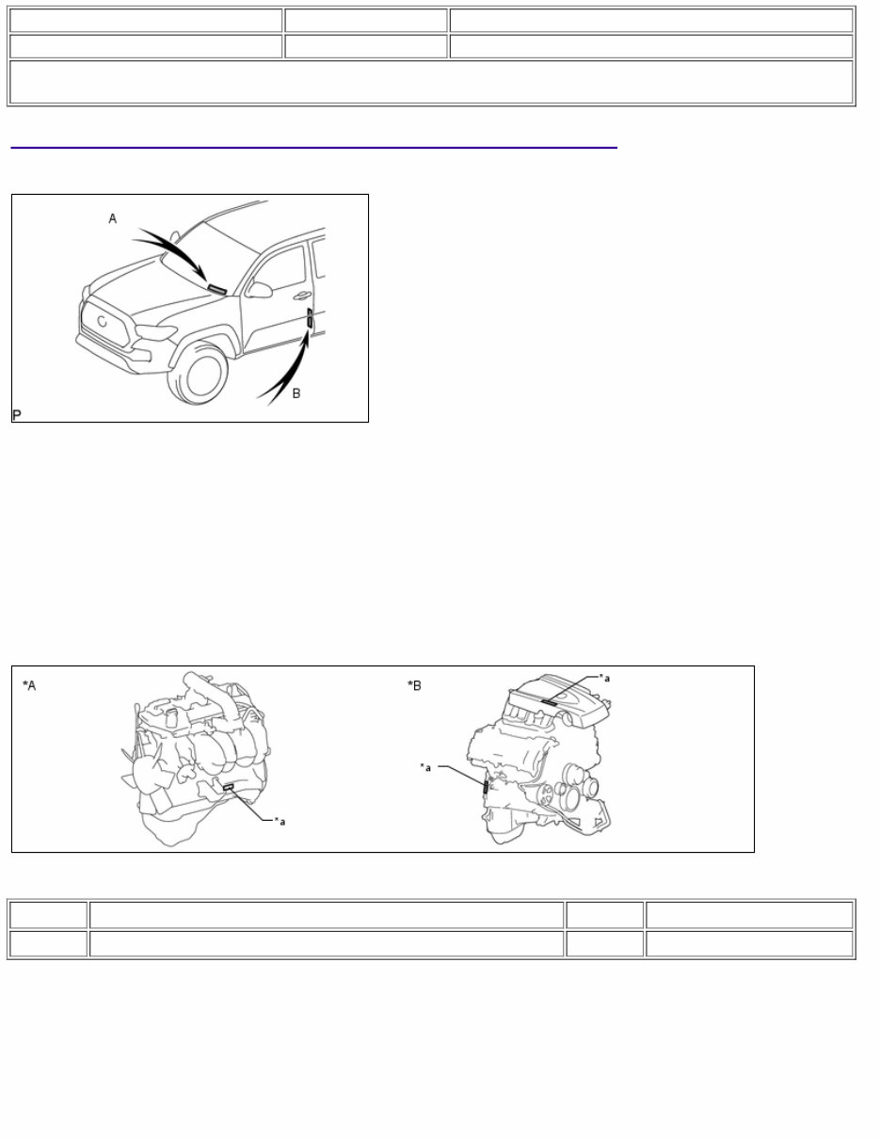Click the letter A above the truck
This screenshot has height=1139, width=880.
click(113, 218)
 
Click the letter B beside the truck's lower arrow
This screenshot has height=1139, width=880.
click(296, 393)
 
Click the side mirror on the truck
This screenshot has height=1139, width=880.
click(258, 289)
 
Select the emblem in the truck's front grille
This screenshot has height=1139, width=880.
click(101, 320)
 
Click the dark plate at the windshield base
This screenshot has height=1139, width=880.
click(217, 289)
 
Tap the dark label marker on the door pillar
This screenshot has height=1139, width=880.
click(310, 321)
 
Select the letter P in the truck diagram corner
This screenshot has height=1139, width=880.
click(17, 414)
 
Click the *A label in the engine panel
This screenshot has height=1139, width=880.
click(29, 685)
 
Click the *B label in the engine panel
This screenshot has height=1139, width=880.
click(414, 685)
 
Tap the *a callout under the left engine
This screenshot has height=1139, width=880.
click(280, 822)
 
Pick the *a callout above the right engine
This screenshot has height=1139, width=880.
click(605, 677)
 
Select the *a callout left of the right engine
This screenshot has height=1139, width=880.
click(425, 767)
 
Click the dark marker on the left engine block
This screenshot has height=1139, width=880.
click(228, 786)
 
